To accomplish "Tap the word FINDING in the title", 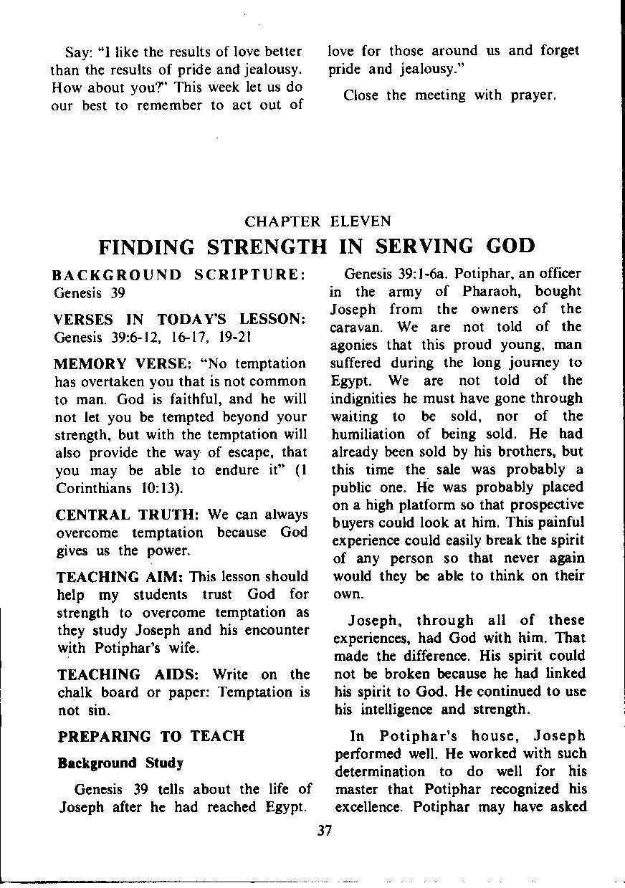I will tap(147, 247).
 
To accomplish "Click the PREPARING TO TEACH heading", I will tap(151, 736).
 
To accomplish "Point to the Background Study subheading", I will tap(120, 763).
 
